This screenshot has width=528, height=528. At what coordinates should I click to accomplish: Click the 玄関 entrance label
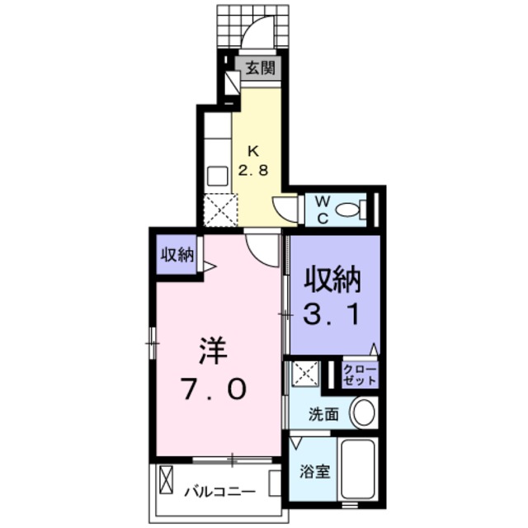259,68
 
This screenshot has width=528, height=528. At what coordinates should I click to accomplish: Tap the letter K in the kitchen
254,151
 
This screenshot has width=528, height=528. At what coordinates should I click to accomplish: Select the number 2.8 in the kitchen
254,172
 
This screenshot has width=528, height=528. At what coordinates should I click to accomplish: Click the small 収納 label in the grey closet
177,255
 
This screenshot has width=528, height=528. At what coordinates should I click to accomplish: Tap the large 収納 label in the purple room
334,282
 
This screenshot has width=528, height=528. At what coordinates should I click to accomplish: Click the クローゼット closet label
359,375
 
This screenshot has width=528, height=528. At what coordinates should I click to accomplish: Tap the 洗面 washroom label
322,415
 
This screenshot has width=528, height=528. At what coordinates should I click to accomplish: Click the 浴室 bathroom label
314,473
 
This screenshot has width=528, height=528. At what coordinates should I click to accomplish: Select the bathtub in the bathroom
357,469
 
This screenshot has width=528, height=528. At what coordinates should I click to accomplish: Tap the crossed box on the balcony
167,479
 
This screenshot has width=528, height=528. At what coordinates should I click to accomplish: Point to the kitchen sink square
217,176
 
